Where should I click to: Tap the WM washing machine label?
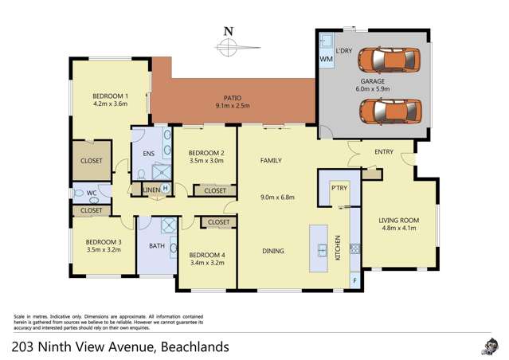(x=327, y=59)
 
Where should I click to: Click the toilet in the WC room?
(x=80, y=192)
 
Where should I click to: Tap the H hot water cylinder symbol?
(x=165, y=189)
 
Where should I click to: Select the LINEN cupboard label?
(x=151, y=190)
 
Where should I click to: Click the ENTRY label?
(x=374, y=153)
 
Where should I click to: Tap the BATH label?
(x=157, y=246)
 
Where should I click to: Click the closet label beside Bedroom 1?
(x=92, y=160)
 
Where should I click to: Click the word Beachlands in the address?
(x=195, y=346)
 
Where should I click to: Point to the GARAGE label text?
(x=374, y=82)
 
